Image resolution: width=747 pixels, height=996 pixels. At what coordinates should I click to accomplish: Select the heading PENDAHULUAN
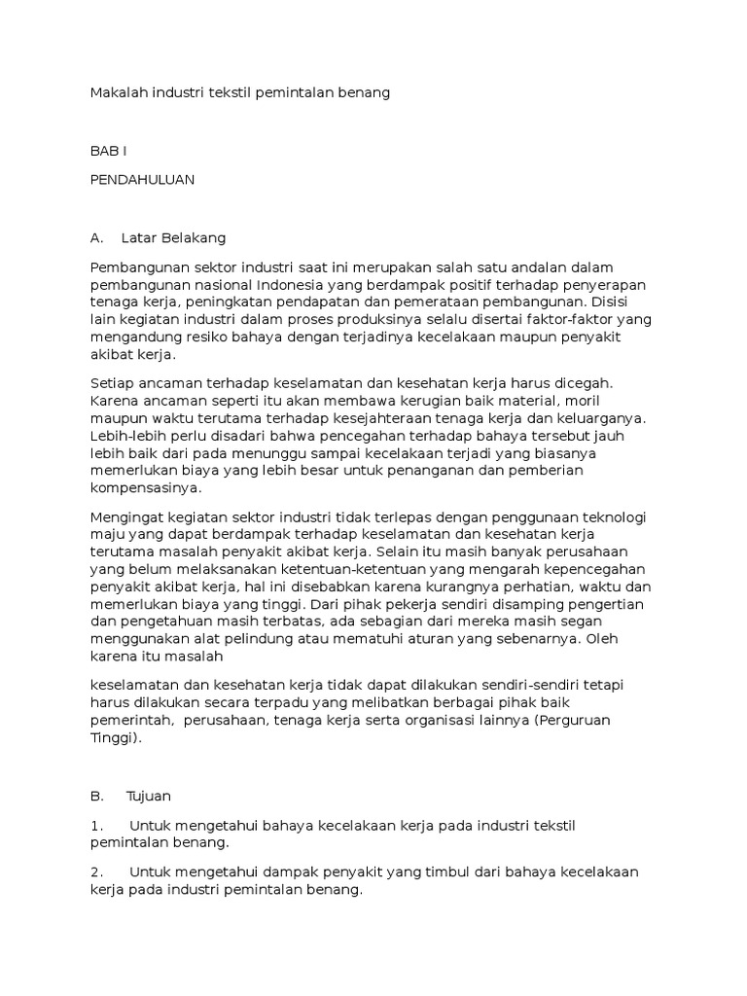pyautogui.click(x=142, y=179)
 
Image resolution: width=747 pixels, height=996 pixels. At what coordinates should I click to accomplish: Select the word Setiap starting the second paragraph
pyautogui.click(x=111, y=383)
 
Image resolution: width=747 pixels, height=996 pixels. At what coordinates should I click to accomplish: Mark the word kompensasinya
pyautogui.click(x=144, y=488)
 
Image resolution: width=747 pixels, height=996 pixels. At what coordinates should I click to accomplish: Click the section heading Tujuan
pyautogui.click(x=149, y=796)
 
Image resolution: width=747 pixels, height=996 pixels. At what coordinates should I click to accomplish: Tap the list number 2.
pyautogui.click(x=96, y=871)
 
